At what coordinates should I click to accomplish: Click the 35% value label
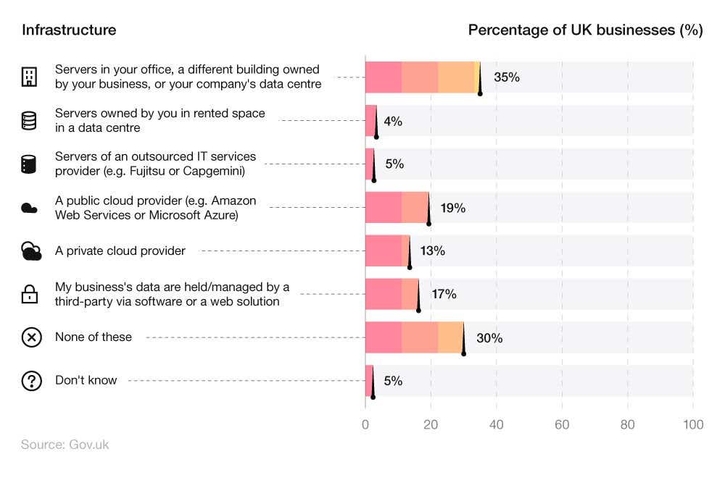tap(507, 77)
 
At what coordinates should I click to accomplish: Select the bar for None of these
tap(414, 337)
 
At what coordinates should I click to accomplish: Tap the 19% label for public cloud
tap(452, 208)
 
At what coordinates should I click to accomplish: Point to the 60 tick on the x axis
tap(562, 425)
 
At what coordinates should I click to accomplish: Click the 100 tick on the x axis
tap(693, 425)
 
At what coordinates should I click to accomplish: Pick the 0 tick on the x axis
tap(365, 425)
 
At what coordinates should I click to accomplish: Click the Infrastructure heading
tap(69, 30)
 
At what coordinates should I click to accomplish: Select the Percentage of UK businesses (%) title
tap(585, 30)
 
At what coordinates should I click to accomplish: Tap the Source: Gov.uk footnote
tap(65, 445)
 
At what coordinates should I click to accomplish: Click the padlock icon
tap(29, 294)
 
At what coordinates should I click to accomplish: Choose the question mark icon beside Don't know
tap(31, 381)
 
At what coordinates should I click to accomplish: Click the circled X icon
tap(31, 337)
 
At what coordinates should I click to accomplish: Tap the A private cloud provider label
tap(120, 250)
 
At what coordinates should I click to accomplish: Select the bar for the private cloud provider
tap(387, 250)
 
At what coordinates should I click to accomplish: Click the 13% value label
tap(432, 251)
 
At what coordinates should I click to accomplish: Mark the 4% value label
tap(393, 121)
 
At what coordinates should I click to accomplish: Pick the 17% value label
tap(444, 294)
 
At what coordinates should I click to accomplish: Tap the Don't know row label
tap(86, 380)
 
